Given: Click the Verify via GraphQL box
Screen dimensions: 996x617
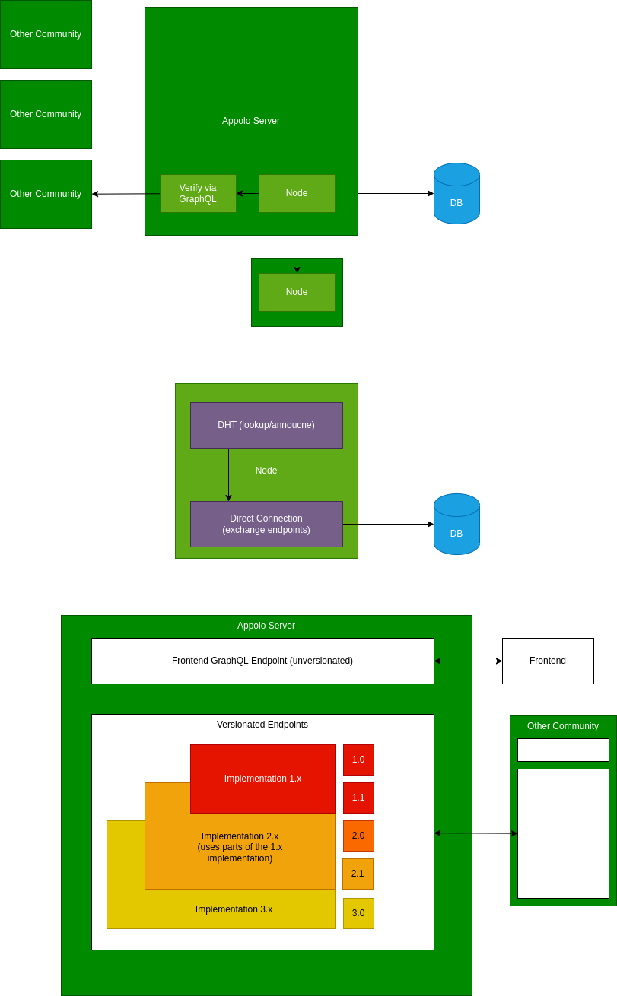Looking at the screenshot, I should pyautogui.click(x=198, y=193).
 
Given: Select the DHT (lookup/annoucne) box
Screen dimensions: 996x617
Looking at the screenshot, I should pyautogui.click(x=266, y=425).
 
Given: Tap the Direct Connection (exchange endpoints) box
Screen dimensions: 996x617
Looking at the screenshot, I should pyautogui.click(x=266, y=524).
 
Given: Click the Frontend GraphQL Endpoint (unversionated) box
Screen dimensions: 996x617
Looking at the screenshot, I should pyautogui.click(x=262, y=661).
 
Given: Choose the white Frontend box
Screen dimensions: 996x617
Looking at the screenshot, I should pyautogui.click(x=548, y=661).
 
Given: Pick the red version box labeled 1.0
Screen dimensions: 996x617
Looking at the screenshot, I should pyautogui.click(x=358, y=760).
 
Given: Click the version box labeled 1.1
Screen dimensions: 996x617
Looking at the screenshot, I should pyautogui.click(x=358, y=798).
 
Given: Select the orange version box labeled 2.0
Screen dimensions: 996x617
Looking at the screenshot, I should pyautogui.click(x=358, y=836).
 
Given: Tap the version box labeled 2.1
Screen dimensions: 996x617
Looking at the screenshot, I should pyautogui.click(x=358, y=874).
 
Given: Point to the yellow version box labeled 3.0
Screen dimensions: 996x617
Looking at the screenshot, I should pyautogui.click(x=358, y=913).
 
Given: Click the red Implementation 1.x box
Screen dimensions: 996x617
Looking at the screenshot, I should pyautogui.click(x=262, y=779).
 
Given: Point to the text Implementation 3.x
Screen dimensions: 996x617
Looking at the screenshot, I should pyautogui.click(x=234, y=909).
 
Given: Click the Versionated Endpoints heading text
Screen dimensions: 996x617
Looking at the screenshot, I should pyautogui.click(x=262, y=725).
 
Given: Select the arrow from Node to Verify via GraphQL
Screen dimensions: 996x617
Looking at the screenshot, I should pyautogui.click(x=248, y=193).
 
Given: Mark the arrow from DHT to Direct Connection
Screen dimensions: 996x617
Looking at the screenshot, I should pyautogui.click(x=228, y=474).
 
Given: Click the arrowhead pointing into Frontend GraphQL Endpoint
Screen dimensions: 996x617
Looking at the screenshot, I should pyautogui.click(x=437, y=661).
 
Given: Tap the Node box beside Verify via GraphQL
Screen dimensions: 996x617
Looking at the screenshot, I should pyautogui.click(x=297, y=193).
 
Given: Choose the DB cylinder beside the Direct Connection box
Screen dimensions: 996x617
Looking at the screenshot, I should pyautogui.click(x=456, y=525).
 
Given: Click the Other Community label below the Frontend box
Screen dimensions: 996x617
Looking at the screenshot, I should pyautogui.click(x=563, y=726).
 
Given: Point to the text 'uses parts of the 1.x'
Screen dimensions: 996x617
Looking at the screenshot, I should pyautogui.click(x=240, y=847).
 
